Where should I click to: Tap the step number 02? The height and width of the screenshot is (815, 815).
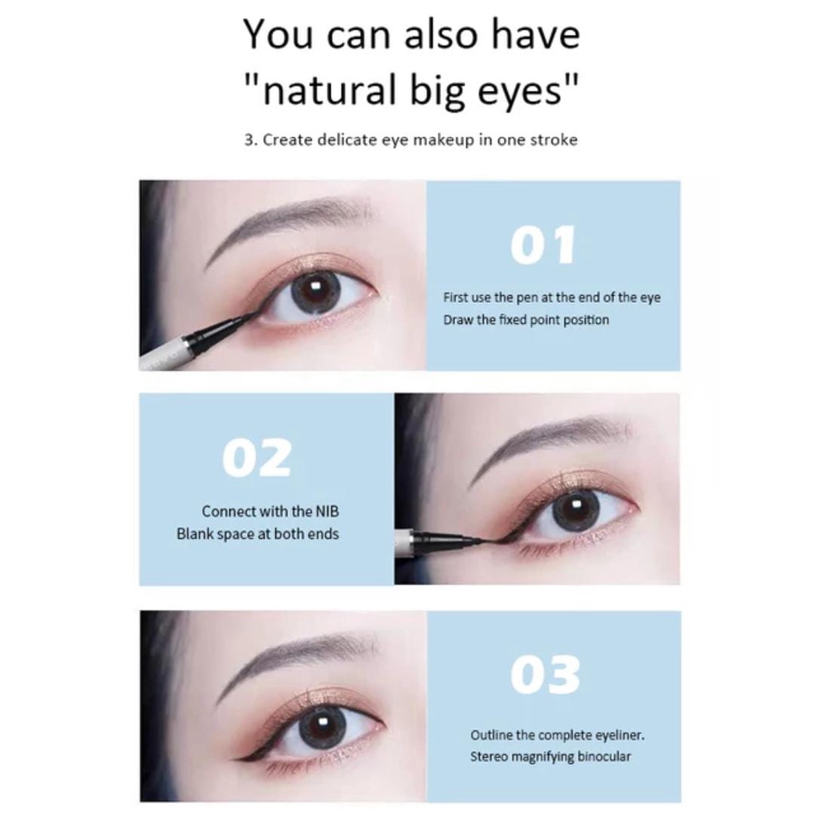256,458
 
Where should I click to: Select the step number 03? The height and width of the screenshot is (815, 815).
545,676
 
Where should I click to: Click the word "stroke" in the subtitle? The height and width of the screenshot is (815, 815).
550,139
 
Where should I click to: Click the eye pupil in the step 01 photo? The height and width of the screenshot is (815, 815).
315,290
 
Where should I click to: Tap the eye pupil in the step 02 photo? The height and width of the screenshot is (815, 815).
575,510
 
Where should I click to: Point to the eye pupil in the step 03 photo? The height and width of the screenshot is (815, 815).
322,726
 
